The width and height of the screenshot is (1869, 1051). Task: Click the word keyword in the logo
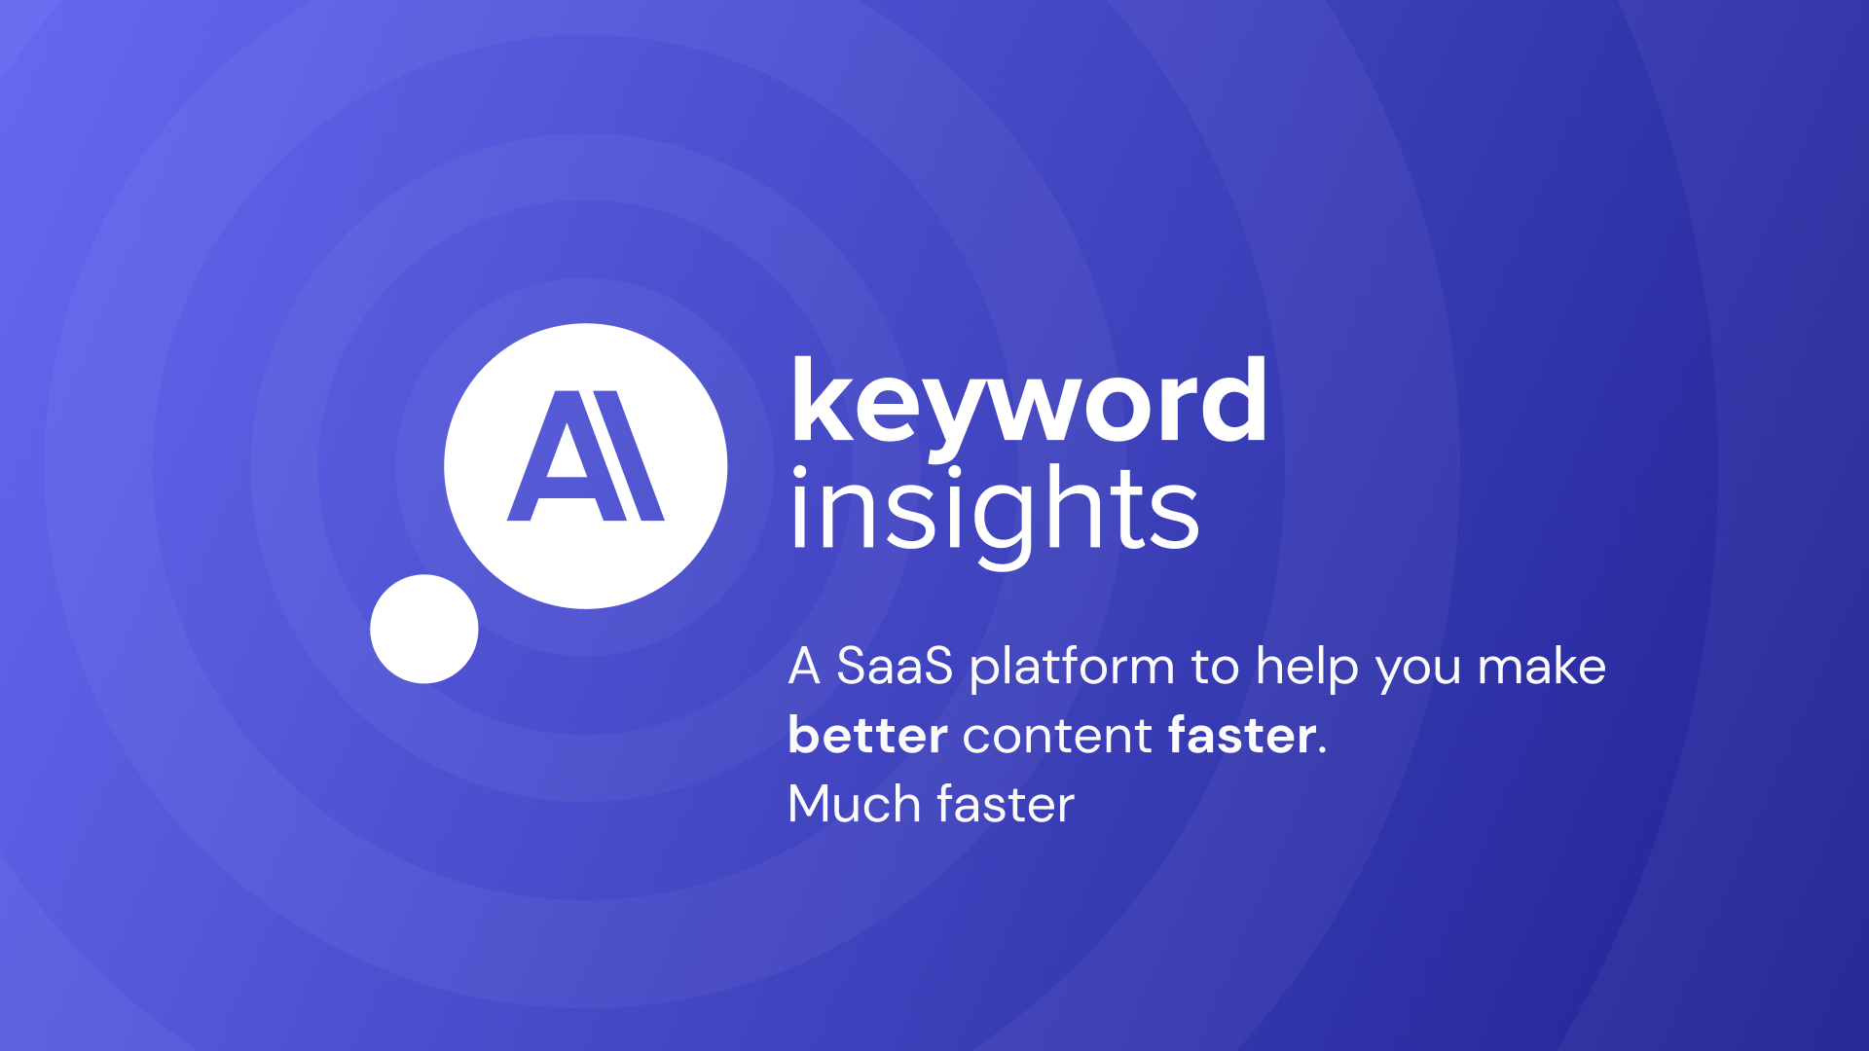point(1029,401)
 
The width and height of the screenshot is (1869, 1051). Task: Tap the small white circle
point(424,629)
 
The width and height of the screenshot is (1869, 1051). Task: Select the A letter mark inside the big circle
point(585,455)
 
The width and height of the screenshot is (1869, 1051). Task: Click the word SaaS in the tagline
point(895,667)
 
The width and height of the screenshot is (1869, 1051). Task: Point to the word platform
point(1072,669)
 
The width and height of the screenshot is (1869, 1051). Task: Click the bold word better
point(867,735)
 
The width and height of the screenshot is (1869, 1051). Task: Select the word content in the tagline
point(1057,736)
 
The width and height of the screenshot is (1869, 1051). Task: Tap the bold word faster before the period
point(1242,735)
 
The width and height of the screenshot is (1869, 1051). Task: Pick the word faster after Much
point(1006,805)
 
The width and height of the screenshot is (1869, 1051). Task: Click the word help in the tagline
point(1307,669)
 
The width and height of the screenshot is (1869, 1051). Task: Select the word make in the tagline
point(1542,667)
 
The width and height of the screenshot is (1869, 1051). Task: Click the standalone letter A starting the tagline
point(804,667)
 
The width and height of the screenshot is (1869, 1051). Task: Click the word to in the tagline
point(1215,668)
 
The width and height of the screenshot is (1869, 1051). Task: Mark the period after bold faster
point(1322,750)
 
